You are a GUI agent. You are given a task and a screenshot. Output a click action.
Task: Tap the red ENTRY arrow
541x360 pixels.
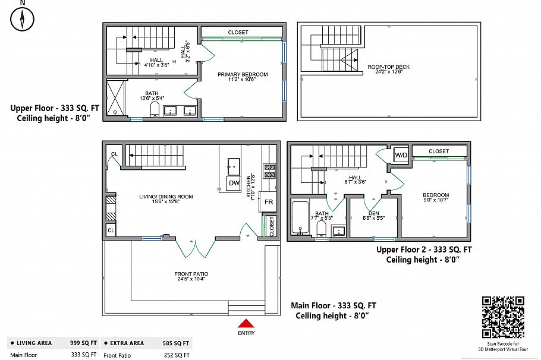point(246,323)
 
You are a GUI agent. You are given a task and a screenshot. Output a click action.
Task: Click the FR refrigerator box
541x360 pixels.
point(269,202)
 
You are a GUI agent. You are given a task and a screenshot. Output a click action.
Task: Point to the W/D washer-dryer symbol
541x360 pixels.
point(401,155)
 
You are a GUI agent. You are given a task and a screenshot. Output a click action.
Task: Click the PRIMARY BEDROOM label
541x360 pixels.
point(242,75)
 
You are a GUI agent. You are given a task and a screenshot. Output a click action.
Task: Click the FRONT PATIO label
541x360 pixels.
point(191,274)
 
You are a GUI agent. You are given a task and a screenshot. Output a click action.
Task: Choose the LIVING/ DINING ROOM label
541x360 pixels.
point(166,197)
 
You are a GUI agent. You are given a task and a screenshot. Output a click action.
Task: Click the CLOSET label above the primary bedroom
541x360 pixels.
point(238,32)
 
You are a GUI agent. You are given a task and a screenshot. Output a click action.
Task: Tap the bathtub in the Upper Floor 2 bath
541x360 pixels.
point(299,219)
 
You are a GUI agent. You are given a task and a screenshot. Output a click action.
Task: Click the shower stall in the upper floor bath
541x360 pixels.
point(115,99)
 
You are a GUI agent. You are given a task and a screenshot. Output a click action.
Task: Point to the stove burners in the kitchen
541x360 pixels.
point(269,170)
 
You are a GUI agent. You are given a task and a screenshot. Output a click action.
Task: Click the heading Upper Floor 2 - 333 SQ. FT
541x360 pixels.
point(424,250)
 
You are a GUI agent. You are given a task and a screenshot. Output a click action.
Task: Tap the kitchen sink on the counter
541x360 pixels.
point(234,166)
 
